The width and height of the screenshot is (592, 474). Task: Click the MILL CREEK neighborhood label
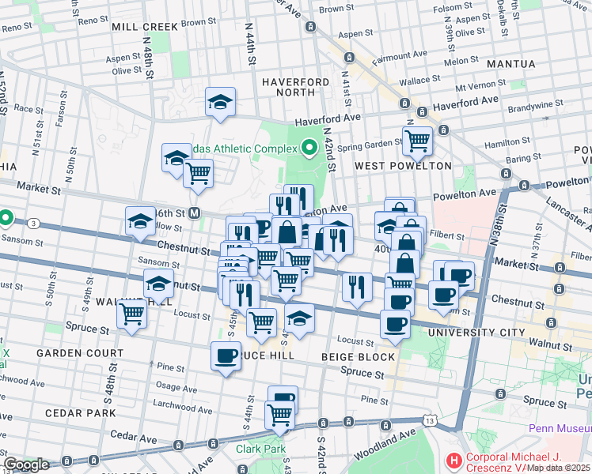(145, 26)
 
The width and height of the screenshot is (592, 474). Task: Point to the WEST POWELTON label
(403, 166)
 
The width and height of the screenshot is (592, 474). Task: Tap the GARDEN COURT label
(84, 352)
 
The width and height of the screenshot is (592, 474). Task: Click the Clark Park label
(259, 448)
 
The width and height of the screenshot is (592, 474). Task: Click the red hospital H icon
(453, 459)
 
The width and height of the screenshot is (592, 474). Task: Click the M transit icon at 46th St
(194, 213)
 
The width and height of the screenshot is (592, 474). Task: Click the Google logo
(25, 465)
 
